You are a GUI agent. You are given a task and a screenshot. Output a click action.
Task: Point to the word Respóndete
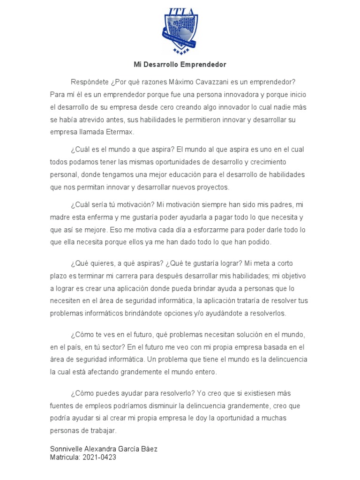pos(90,82)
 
